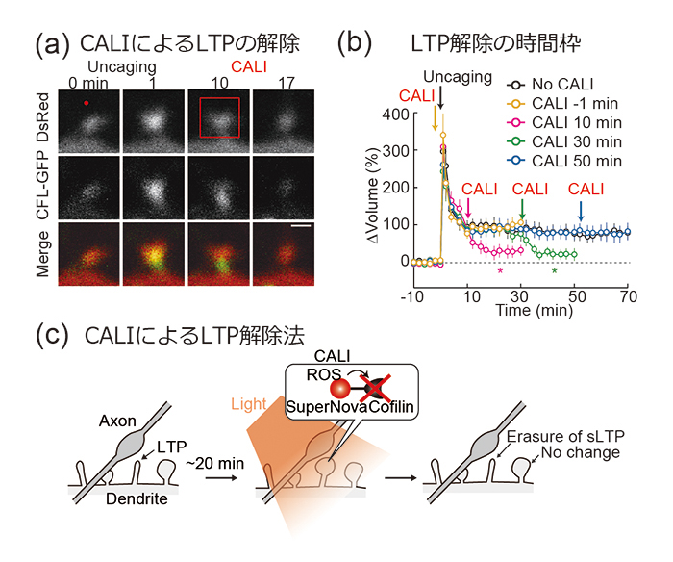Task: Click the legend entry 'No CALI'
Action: (550, 85)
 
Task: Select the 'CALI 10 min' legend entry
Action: (564, 123)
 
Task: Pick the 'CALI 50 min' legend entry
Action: (564, 161)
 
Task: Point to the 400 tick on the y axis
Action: (395, 115)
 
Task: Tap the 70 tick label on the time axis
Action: (629, 296)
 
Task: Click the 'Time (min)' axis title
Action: (535, 310)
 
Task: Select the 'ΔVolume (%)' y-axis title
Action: (373, 195)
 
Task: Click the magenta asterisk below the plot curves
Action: (500, 271)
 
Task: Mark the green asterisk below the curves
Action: (554, 271)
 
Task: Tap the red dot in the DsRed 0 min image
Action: (87, 103)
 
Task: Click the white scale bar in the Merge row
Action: (300, 225)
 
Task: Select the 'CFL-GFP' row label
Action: (42, 188)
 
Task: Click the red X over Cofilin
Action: (375, 388)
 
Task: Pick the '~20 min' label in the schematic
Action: (214, 464)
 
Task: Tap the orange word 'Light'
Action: (248, 404)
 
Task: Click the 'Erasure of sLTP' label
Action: (565, 437)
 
